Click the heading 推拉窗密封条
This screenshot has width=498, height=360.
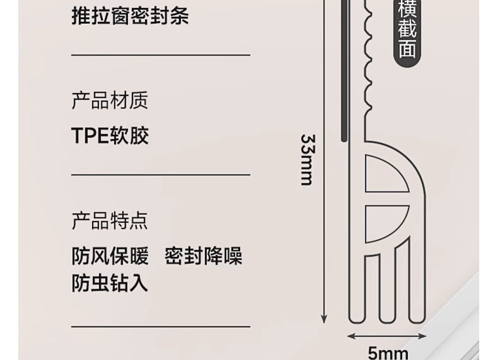130,16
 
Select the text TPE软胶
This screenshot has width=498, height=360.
110,135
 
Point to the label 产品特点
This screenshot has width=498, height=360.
110,221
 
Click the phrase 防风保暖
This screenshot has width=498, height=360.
110,256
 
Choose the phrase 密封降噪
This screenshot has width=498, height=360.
204,256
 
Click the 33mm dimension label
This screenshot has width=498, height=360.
308,160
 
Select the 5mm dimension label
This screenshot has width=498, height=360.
388,354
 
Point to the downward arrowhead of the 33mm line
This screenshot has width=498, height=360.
324,319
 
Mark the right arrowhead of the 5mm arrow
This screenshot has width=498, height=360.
422,336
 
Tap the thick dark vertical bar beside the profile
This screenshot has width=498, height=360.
344,71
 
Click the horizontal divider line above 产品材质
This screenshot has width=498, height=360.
161,55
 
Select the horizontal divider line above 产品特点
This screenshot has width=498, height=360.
161,175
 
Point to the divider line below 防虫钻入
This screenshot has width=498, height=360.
161,327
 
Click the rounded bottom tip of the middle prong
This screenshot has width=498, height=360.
387,323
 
